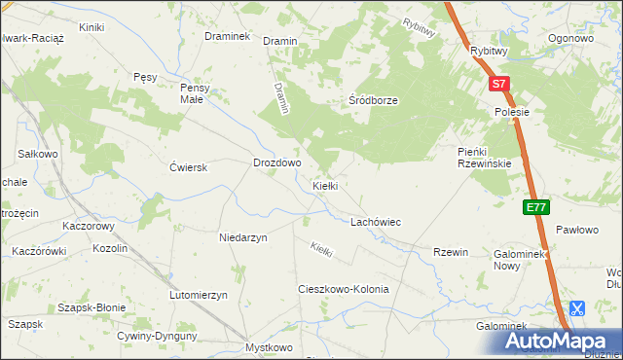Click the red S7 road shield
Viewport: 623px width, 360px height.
tap(498, 85)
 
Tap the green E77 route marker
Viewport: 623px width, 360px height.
tap(536, 207)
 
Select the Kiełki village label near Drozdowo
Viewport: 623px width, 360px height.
tap(324, 186)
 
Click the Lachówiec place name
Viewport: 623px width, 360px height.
tap(376, 222)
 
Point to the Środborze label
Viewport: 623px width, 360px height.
tap(374, 100)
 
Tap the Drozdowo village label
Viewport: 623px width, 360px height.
tap(277, 163)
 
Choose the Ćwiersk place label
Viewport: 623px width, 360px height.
tap(189, 167)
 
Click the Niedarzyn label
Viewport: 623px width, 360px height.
tap(243, 236)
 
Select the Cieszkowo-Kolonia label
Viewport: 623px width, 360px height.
tap(343, 290)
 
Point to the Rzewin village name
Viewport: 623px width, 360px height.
tap(452, 252)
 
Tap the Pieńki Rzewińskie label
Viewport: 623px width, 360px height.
tap(485, 157)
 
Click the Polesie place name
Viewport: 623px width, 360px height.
tap(511, 112)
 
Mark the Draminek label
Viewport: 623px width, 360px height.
tap(228, 36)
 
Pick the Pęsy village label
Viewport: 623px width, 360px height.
tap(145, 76)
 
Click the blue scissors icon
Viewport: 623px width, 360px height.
tap(576, 309)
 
